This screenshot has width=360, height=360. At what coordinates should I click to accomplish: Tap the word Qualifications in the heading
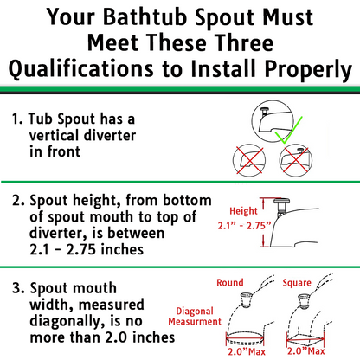81,69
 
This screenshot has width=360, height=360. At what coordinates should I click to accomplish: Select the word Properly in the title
308,70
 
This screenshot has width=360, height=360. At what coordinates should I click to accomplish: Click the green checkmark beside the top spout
288,130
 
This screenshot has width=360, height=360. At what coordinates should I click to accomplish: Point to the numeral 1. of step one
17,119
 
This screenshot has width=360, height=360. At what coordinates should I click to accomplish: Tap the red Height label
243,211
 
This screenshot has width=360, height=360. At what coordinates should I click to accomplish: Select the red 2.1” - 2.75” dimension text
245,226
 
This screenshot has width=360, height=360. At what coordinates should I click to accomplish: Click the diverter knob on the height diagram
281,202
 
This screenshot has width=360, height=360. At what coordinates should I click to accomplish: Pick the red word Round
230,282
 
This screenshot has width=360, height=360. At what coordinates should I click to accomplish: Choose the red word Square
297,283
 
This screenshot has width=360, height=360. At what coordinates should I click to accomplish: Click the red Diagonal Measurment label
195,316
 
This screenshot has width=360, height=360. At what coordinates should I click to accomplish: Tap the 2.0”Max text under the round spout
247,351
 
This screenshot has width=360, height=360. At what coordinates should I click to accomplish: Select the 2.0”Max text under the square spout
306,350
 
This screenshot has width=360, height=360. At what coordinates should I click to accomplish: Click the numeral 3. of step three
17,288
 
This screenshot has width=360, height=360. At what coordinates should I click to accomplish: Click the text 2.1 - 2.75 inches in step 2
87,249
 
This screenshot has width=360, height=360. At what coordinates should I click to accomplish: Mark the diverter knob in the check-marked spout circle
264,109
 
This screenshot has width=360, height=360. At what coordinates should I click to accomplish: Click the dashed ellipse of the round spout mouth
245,337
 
